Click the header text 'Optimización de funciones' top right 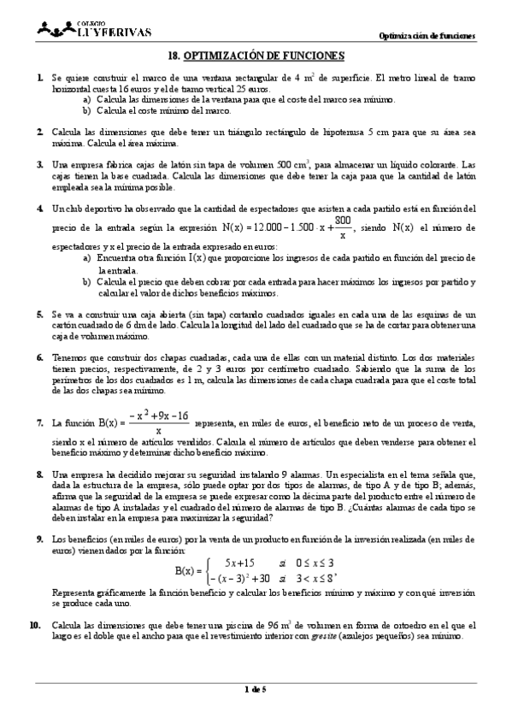[x=427, y=35]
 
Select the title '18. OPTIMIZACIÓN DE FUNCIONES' [x=255, y=56]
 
